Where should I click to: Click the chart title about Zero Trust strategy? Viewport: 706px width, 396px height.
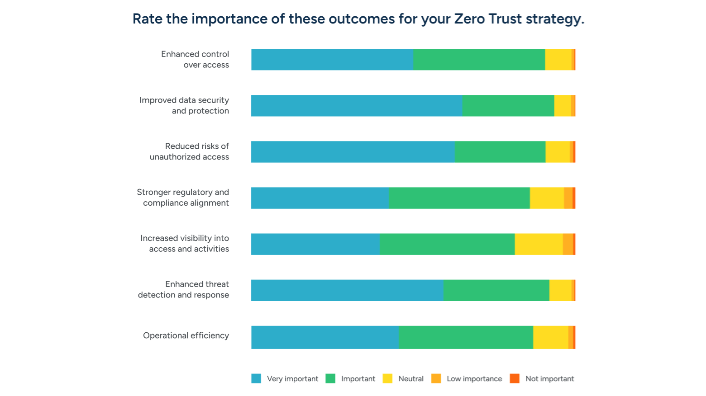pyautogui.click(x=358, y=19)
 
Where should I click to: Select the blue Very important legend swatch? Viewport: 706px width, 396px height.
pyautogui.click(x=256, y=379)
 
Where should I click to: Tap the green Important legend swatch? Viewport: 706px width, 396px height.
pyautogui.click(x=330, y=379)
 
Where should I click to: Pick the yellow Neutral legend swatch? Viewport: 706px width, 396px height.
pyautogui.click(x=387, y=379)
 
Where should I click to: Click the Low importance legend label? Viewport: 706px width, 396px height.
pyautogui.click(x=474, y=379)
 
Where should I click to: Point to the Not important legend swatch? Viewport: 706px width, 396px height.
pyautogui.click(x=515, y=379)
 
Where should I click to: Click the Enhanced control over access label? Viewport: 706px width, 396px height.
pyautogui.click(x=195, y=60)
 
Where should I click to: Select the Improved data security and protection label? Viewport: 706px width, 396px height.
pyautogui.click(x=184, y=106)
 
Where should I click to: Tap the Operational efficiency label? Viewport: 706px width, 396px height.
pyautogui.click(x=186, y=335)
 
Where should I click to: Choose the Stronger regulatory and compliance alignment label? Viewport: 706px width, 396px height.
pyautogui.click(x=183, y=198)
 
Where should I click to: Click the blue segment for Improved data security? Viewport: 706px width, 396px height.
pyautogui.click(x=357, y=106)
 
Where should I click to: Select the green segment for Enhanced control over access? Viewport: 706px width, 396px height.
pyautogui.click(x=479, y=60)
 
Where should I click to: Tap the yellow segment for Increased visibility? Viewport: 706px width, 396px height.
pyautogui.click(x=539, y=244)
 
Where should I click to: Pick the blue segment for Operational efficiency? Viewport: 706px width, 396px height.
pyautogui.click(x=325, y=337)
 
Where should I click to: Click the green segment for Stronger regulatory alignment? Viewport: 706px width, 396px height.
pyautogui.click(x=459, y=198)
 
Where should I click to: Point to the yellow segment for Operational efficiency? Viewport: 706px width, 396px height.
pyautogui.click(x=550, y=337)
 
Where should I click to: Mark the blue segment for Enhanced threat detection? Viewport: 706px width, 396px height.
pyautogui.click(x=347, y=290)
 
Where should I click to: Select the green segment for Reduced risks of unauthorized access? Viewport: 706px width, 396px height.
pyautogui.click(x=500, y=152)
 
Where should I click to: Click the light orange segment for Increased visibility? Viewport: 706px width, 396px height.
pyautogui.click(x=568, y=244)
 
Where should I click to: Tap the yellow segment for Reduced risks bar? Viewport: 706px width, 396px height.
pyautogui.click(x=558, y=152)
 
